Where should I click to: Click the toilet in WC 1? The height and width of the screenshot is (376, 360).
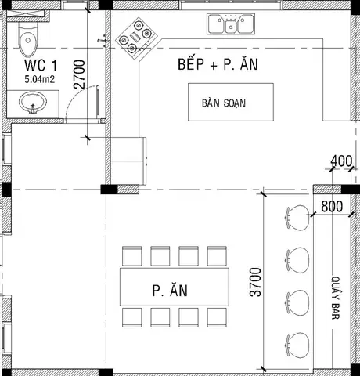[28, 39]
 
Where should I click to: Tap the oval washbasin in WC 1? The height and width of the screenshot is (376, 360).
[33, 103]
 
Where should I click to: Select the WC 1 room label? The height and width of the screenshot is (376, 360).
[41, 65]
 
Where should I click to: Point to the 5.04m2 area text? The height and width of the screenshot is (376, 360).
[40, 79]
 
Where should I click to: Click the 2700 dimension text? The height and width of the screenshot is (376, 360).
[80, 74]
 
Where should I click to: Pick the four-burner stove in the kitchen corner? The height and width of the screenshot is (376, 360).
[137, 38]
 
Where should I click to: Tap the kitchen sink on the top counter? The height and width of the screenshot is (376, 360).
[231, 23]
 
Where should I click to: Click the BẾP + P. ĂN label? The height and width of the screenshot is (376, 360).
[218, 64]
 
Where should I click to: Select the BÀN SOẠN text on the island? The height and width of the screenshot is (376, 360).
[224, 103]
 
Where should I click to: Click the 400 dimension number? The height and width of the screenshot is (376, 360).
[341, 161]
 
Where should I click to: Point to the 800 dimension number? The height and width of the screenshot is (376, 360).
[332, 206]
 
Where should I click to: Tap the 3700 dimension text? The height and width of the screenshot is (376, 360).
[256, 282]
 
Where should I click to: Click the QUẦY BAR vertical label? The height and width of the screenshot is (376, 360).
[336, 298]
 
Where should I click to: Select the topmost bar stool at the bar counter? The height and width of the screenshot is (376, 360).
[297, 218]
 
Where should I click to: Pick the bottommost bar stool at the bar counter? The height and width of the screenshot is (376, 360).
[297, 345]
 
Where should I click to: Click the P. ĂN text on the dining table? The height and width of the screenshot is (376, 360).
[170, 290]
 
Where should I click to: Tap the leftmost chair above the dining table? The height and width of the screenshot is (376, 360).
[132, 256]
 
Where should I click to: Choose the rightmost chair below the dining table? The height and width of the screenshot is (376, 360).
[217, 317]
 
